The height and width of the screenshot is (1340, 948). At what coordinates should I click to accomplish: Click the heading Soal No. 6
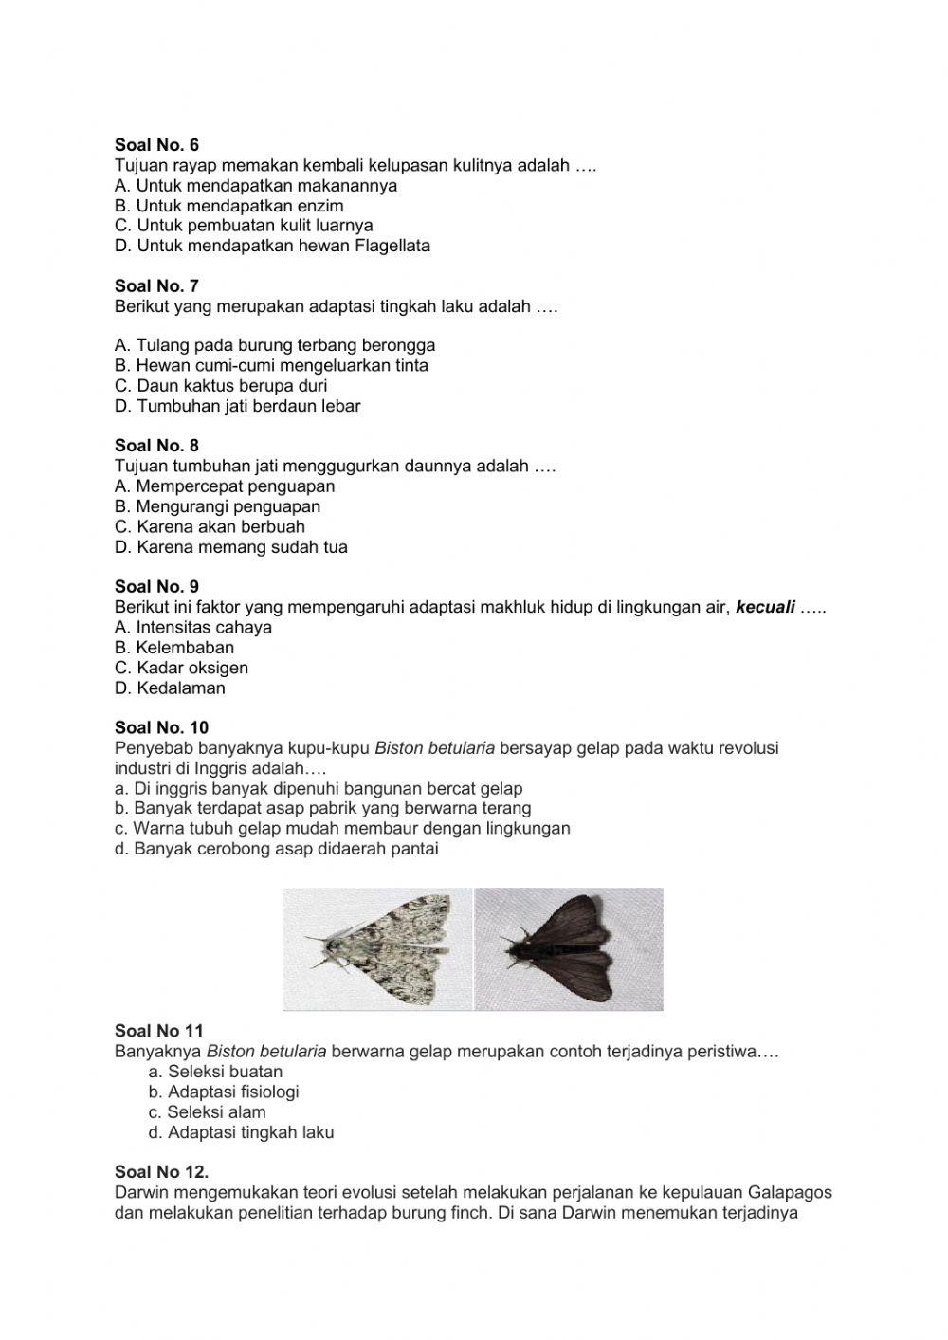point(156,145)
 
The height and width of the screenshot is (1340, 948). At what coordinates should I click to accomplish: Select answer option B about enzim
point(228,206)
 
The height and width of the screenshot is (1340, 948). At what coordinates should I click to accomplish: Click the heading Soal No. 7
point(156,285)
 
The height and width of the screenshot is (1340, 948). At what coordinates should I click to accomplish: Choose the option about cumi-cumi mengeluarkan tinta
point(271,366)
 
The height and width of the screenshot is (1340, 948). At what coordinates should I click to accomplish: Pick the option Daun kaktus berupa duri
point(221,386)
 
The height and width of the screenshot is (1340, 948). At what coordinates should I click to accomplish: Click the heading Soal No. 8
point(156,446)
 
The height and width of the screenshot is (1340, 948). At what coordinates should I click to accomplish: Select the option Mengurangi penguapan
point(217,506)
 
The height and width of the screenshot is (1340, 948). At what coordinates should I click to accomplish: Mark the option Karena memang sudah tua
point(230,547)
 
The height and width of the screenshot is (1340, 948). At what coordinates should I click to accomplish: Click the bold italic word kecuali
point(765,607)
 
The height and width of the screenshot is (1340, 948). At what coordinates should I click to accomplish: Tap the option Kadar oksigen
point(181,668)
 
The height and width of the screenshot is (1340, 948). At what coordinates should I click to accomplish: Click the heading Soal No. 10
point(161,728)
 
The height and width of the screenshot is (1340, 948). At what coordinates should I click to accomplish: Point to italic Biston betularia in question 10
point(434,748)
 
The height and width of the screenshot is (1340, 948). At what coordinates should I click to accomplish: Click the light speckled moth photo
point(377,948)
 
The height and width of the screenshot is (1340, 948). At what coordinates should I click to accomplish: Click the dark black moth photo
point(569,948)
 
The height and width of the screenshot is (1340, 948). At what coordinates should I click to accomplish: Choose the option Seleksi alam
point(207,1112)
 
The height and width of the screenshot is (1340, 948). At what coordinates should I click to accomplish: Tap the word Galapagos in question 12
point(789,1192)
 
